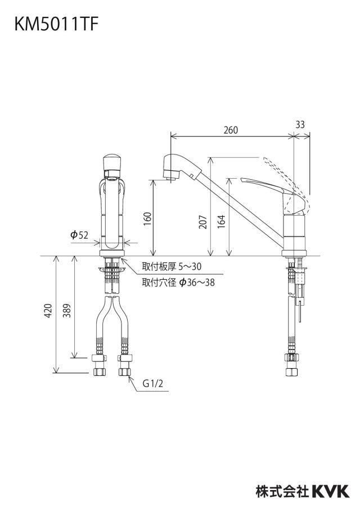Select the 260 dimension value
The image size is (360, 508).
(231, 130)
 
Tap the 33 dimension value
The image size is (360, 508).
(300, 124)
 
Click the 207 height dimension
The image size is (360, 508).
(203, 222)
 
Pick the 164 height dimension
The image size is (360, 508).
(221, 222)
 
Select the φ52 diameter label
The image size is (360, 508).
(79, 235)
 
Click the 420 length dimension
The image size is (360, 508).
(48, 310)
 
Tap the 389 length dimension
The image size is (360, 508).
(67, 310)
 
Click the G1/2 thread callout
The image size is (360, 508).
(153, 384)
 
